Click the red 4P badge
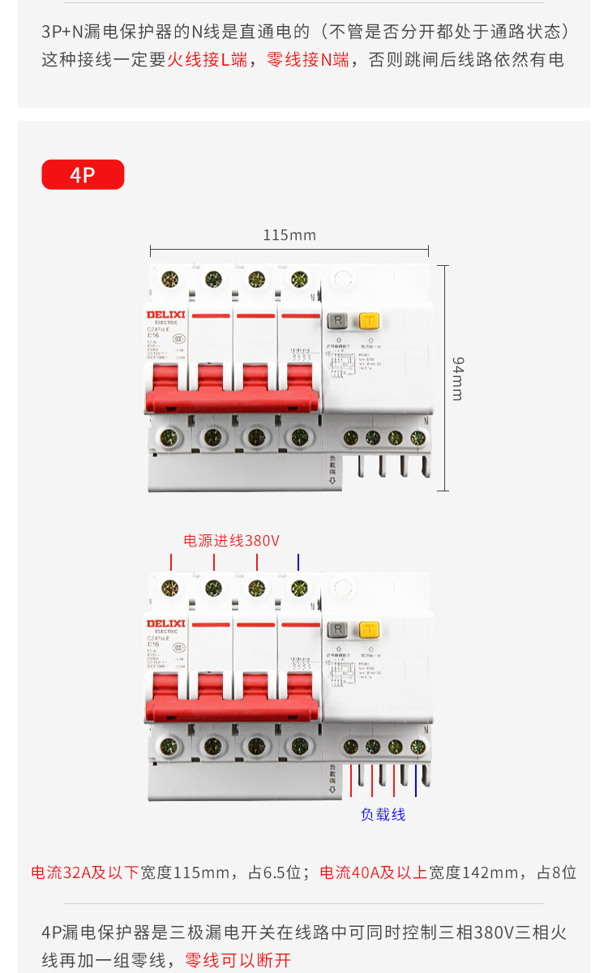pyautogui.click(x=83, y=174)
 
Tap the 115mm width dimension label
pyautogui.click(x=289, y=235)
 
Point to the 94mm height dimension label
pyautogui.click(x=457, y=378)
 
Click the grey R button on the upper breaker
pyautogui.click(x=338, y=320)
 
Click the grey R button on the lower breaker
pyautogui.click(x=338, y=629)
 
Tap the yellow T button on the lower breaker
pyautogui.click(x=370, y=629)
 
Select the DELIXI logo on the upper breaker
pyautogui.click(x=166, y=314)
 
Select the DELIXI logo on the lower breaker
pyautogui.click(x=166, y=623)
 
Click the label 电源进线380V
pyautogui.click(x=232, y=541)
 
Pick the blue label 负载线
pyautogui.click(x=383, y=814)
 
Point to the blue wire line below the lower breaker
pyautogui.click(x=416, y=780)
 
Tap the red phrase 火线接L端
pyautogui.click(x=208, y=60)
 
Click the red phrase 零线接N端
pyautogui.click(x=309, y=60)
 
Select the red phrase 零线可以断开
pyautogui.click(x=238, y=960)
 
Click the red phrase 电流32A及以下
pyautogui.click(x=85, y=872)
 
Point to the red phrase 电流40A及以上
pyautogui.click(x=374, y=872)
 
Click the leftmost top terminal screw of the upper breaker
pyautogui.click(x=170, y=280)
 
